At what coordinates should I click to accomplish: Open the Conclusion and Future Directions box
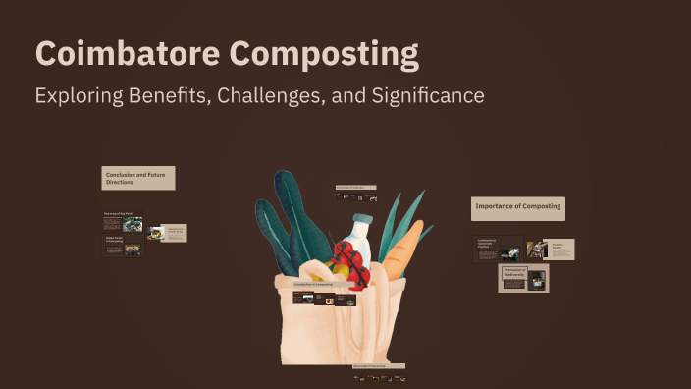tap(138, 178)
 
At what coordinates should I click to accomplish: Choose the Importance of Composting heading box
tap(518, 207)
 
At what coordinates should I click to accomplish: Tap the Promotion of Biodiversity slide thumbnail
tap(523, 279)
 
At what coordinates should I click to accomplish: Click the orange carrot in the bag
tap(402, 250)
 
